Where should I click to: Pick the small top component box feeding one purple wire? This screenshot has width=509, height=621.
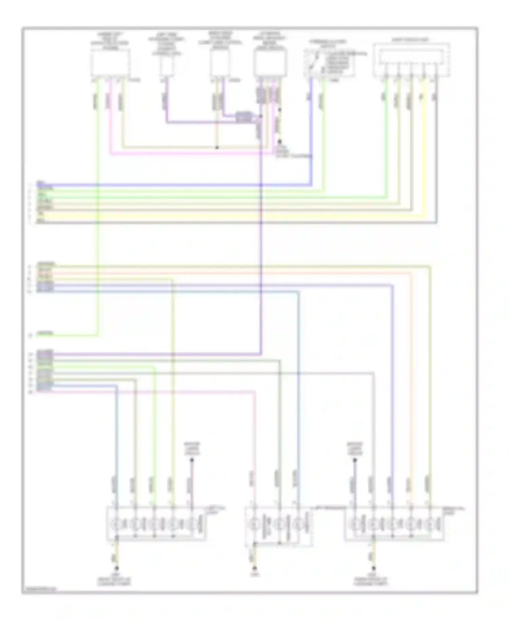point(167,66)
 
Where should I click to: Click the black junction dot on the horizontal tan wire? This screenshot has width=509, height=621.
point(217,148)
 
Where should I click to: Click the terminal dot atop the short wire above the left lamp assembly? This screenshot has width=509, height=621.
point(192,460)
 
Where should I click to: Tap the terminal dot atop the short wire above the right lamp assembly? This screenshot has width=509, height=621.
point(355,460)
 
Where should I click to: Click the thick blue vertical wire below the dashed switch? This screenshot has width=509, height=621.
point(310,136)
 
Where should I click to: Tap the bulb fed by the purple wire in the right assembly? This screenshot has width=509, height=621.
point(392,524)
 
